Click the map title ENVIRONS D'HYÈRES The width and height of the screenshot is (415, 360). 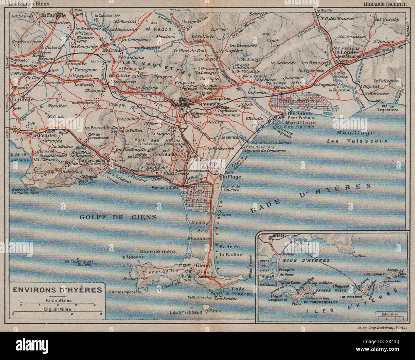(57, 290)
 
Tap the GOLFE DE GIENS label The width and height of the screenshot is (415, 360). (118, 217)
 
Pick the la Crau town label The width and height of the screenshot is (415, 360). (108, 50)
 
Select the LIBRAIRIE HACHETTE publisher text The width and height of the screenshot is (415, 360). (385, 4)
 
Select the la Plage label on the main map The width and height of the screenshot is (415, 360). (232, 177)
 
